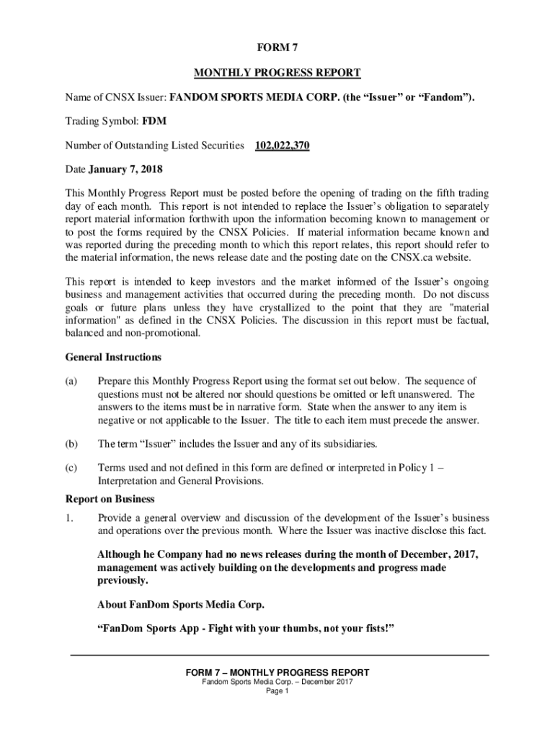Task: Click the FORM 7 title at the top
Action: (277, 48)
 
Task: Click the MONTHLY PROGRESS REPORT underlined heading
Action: (277, 73)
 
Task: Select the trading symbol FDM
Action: (155, 121)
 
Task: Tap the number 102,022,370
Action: (283, 146)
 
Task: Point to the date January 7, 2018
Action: (125, 170)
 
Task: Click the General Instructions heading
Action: (113, 357)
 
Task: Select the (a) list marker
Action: (71, 381)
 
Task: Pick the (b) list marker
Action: (71, 443)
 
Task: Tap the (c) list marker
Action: (71, 467)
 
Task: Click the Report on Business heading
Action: (110, 499)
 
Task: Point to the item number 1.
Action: (69, 518)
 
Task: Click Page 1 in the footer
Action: (277, 692)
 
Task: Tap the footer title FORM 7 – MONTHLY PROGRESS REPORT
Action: (277, 672)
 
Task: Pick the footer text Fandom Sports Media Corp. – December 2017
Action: (277, 683)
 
